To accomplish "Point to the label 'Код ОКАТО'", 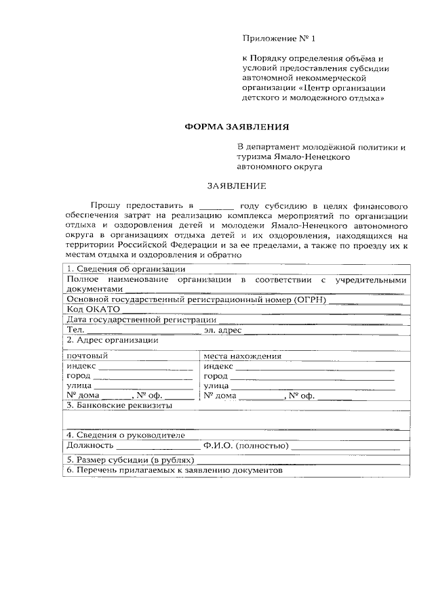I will click(x=93, y=309).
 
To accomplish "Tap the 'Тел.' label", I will click(x=75, y=330).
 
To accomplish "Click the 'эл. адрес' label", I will click(x=222, y=330).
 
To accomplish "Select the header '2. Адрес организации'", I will click(x=112, y=340).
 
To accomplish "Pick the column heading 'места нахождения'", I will click(x=242, y=355).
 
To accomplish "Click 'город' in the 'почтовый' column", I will click(x=79, y=375).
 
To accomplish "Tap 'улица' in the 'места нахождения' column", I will click(x=216, y=385).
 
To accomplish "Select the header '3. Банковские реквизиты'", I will click(x=119, y=405).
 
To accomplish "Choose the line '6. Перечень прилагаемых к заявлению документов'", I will click(x=173, y=470).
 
